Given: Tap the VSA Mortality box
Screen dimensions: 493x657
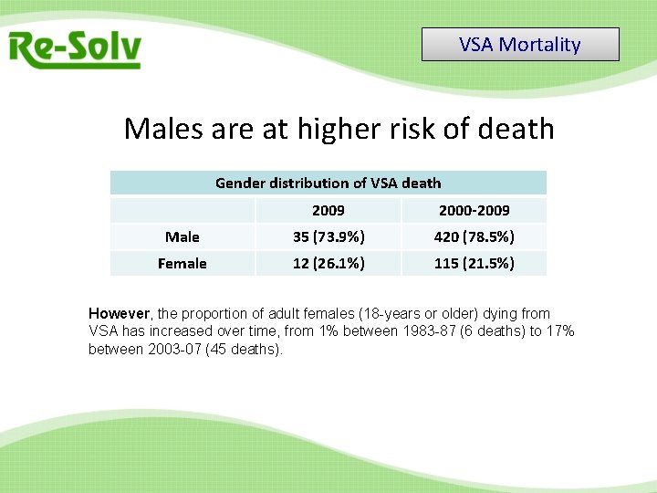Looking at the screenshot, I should (x=520, y=45).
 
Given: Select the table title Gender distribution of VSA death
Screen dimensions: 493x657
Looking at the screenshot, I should (x=328, y=183).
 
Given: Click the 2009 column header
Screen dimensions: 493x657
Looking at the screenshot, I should (x=328, y=210).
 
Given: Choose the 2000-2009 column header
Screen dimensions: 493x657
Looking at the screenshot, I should (x=474, y=210).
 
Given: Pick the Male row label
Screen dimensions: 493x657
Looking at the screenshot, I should (x=182, y=236).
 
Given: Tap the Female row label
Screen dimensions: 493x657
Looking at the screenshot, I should (x=182, y=263).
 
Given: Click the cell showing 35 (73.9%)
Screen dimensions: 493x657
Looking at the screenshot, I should (x=328, y=236).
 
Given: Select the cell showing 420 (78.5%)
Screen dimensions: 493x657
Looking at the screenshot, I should (x=474, y=236).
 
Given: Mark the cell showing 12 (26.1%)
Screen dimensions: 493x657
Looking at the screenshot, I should (x=328, y=263).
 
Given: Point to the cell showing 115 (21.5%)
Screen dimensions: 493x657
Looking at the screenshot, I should (x=474, y=263).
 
